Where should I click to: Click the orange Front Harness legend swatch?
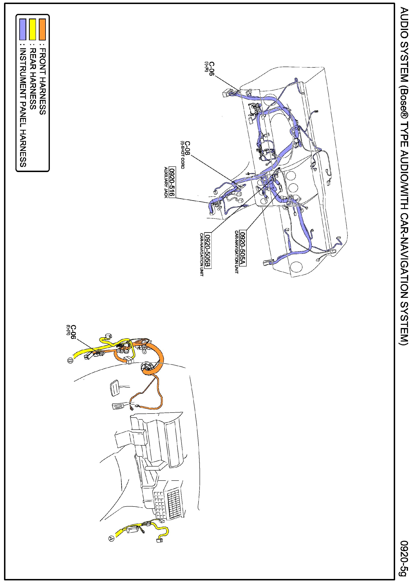point(42,29)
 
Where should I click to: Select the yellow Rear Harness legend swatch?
point(32,29)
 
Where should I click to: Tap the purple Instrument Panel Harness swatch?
point(23,29)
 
